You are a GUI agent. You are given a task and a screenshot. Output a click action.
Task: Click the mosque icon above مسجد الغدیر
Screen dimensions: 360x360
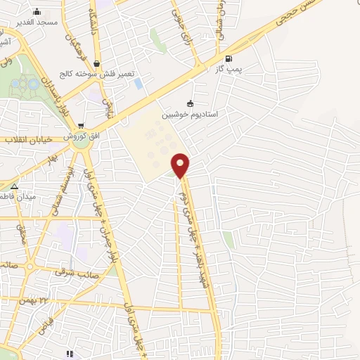click(37, 12)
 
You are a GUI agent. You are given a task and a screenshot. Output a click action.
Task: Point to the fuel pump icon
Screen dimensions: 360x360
click(227, 59)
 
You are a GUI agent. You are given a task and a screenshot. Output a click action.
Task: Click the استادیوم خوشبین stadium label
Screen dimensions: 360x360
click(190, 113)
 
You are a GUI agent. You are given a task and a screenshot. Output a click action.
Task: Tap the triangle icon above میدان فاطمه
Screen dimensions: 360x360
click(14, 186)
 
